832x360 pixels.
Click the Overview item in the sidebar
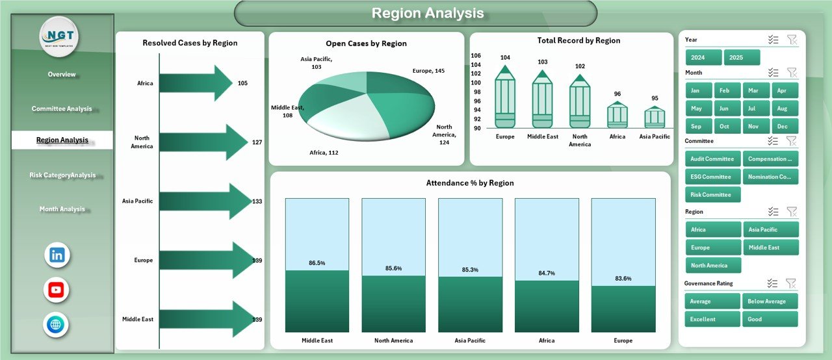[x=62, y=75]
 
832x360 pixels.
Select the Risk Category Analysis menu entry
[x=62, y=175]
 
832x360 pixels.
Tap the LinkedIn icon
[x=57, y=255]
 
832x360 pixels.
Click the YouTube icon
[x=57, y=290]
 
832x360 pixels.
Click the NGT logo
[x=59, y=36]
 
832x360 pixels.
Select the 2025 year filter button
[x=741, y=58]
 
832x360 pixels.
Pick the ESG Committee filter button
[x=711, y=177]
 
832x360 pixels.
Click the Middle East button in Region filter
[x=770, y=248]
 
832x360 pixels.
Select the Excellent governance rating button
[x=712, y=319]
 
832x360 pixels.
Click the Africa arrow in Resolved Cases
[x=195, y=83]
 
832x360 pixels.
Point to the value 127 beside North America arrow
[x=257, y=142]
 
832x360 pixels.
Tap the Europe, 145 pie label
[x=428, y=71]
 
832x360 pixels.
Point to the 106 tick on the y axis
[x=476, y=56]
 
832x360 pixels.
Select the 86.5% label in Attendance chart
[x=317, y=263]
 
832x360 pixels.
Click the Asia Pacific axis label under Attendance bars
[x=470, y=341]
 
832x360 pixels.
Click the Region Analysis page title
[x=428, y=13]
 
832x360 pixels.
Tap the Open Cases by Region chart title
[x=367, y=44]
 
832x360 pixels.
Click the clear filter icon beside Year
[x=791, y=40]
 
